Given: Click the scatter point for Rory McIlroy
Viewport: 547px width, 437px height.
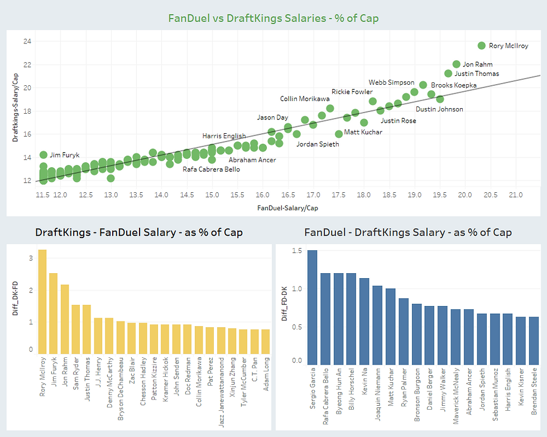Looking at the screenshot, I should [x=482, y=46].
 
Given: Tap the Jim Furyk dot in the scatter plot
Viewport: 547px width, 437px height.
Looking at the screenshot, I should [x=44, y=155].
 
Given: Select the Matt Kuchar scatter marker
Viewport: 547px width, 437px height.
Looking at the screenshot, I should [x=339, y=134].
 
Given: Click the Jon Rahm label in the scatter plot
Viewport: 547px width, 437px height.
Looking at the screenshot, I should [x=477, y=65].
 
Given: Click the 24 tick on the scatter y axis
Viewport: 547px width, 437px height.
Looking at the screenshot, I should [x=27, y=41].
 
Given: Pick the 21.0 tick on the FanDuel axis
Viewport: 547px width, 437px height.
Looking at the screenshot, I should [x=516, y=195].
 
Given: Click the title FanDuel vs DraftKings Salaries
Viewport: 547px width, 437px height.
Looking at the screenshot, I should [x=273, y=18].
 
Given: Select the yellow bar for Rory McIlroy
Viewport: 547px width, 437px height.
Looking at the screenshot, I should [x=42, y=302].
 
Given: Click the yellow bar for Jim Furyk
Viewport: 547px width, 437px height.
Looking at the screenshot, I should [x=54, y=313].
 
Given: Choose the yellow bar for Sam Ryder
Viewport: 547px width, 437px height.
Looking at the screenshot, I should [x=76, y=329].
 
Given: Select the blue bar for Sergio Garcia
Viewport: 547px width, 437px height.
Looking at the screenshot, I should [x=312, y=307].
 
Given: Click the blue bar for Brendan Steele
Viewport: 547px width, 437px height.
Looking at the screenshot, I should [x=534, y=340].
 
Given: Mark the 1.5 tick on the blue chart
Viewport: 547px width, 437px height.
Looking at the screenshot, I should [x=296, y=251].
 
